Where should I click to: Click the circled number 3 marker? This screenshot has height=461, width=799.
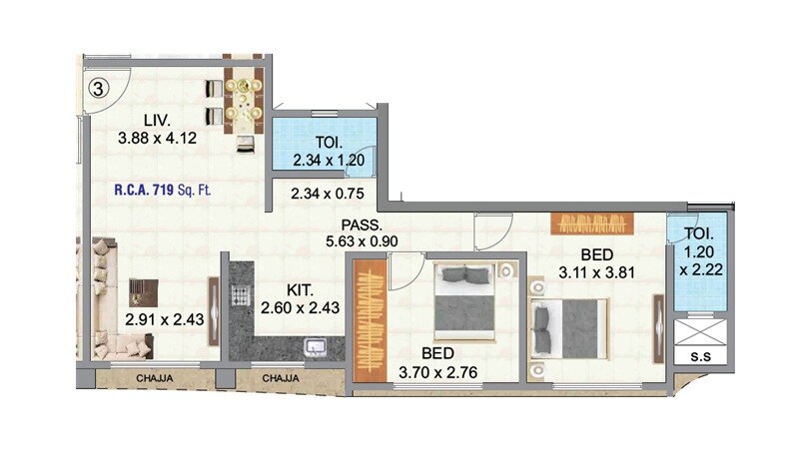coord(97,86)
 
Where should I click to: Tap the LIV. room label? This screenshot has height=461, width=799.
coord(143,122)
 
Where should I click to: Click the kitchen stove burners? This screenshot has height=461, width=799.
coord(240,295)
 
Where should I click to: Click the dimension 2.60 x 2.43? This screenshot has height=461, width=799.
coord(299,308)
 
